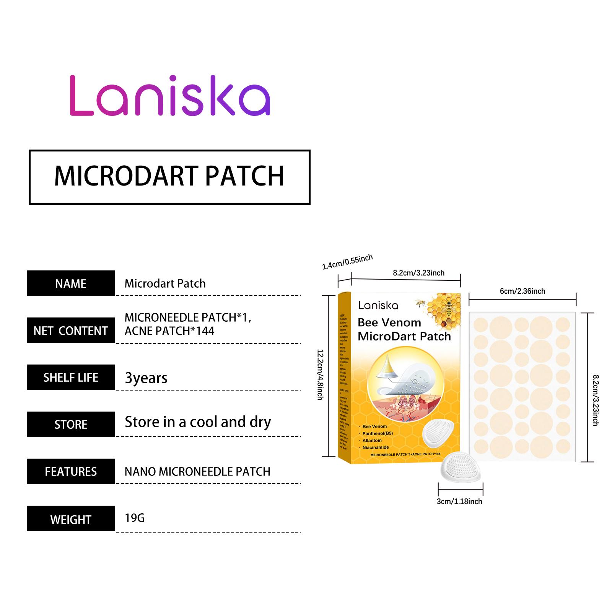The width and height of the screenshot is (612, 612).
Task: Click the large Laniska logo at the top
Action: click(170, 96)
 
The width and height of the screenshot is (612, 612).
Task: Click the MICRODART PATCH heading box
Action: click(169, 177)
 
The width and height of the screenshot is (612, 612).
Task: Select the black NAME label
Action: click(71, 283)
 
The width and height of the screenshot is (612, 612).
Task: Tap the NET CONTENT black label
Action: click(71, 330)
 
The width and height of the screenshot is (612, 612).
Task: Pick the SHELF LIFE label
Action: click(71, 378)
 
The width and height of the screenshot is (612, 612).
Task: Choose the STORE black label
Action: click(71, 425)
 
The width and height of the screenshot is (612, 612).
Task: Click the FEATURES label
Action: click(71, 472)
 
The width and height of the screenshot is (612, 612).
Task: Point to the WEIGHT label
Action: click(71, 519)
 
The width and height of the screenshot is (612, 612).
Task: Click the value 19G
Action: click(135, 518)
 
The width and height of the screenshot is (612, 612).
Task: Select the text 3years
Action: click(146, 378)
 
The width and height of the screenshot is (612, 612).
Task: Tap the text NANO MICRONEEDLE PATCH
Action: click(197, 472)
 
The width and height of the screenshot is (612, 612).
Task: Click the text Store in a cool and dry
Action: click(198, 422)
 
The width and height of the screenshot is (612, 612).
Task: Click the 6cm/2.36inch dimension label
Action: click(522, 291)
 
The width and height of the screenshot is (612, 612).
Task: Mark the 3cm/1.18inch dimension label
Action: click(459, 501)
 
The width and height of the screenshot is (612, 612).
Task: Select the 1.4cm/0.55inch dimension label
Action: click(347, 262)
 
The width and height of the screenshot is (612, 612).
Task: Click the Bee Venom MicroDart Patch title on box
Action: click(404, 329)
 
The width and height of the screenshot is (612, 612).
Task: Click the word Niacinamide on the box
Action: click(376, 447)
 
